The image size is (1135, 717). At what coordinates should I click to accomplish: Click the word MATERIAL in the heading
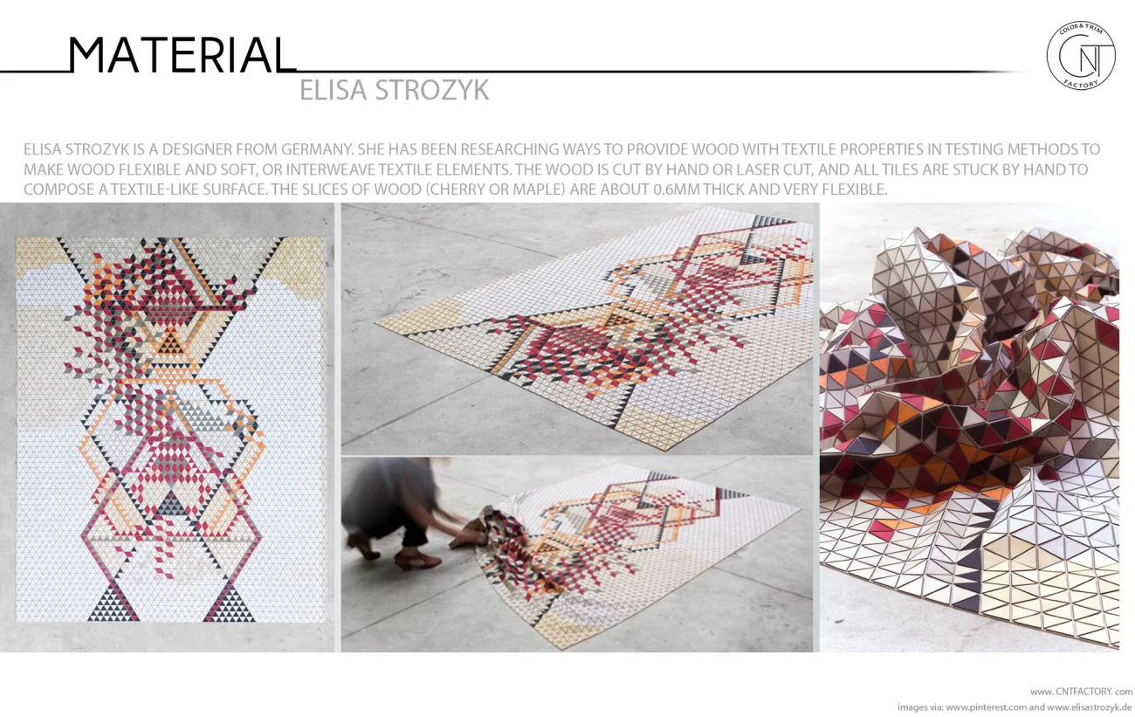[x=182, y=55]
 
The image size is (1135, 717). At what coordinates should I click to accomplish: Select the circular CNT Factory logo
[x=1080, y=56]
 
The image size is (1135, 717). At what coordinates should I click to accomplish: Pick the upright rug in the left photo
[x=170, y=428]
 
